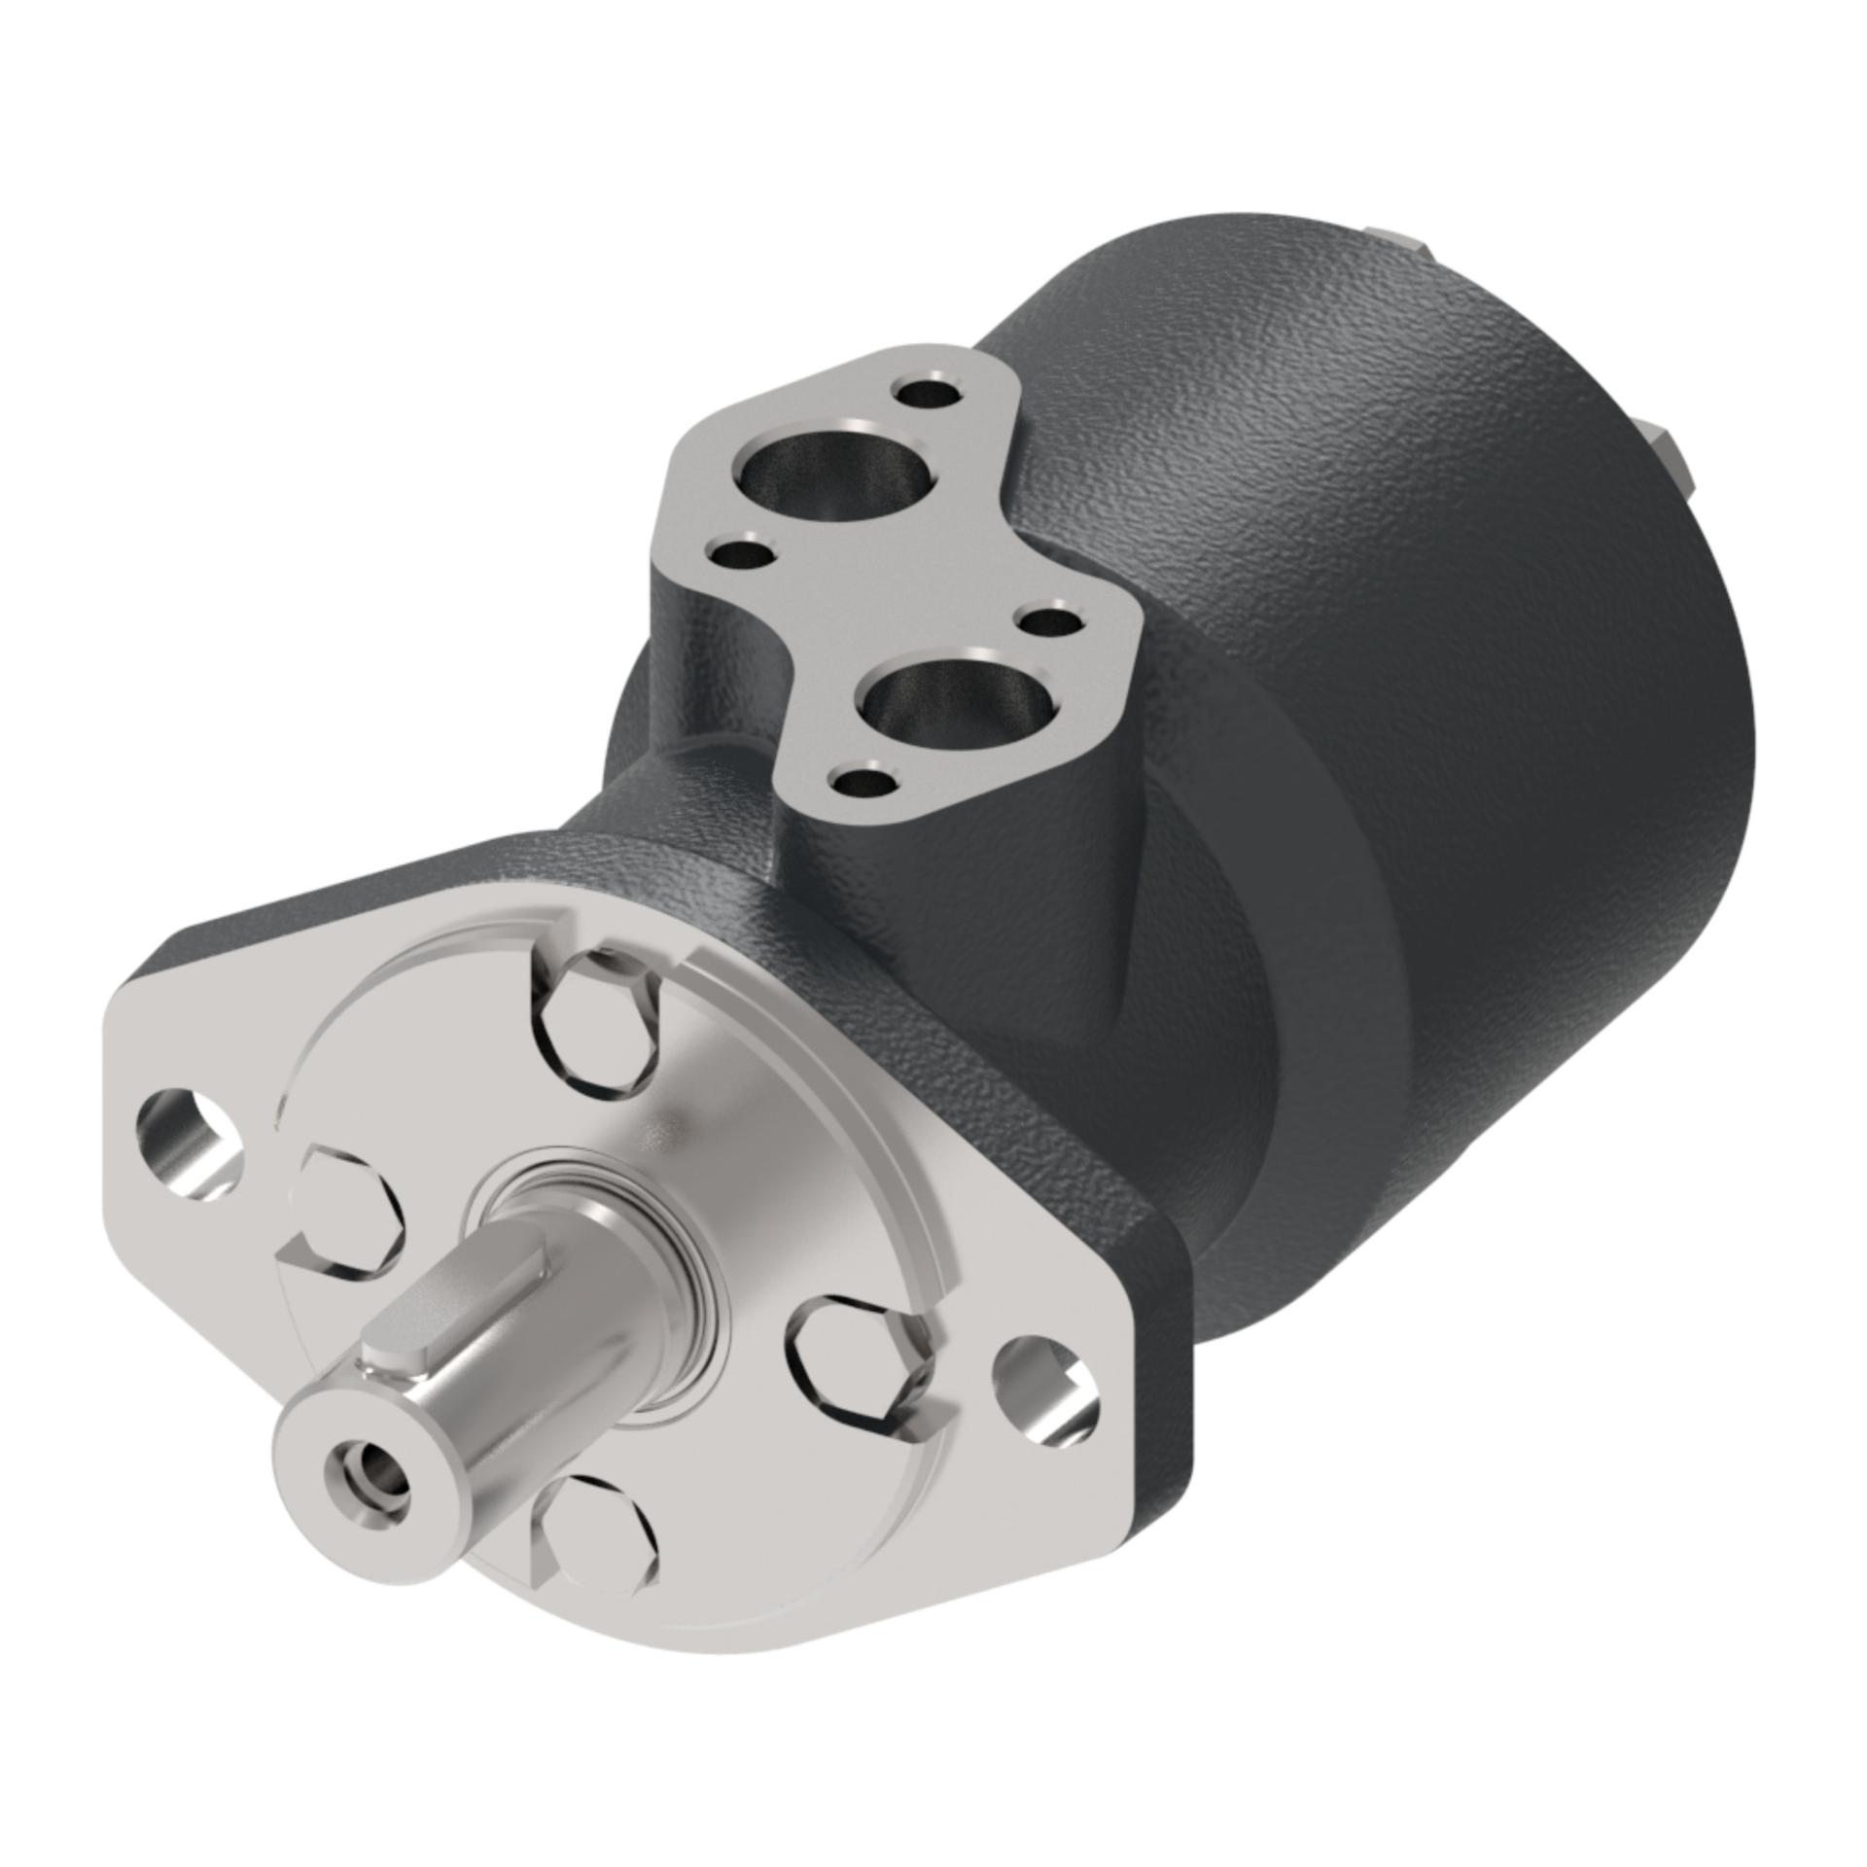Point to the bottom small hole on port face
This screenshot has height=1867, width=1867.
pos(864,780)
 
